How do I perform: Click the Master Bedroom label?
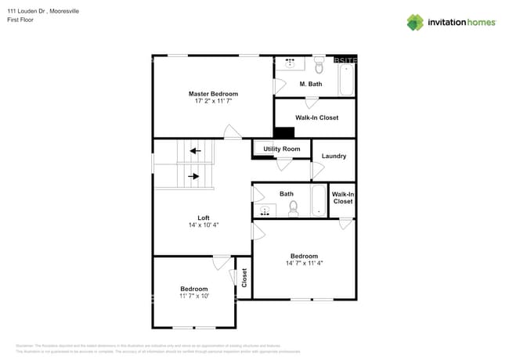[213, 94]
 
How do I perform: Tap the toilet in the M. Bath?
[319, 65]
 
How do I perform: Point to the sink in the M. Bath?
[290, 63]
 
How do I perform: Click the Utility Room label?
[281, 149]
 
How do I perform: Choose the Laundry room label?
[334, 156]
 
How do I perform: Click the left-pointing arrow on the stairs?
[194, 151]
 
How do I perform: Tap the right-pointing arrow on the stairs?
[194, 177]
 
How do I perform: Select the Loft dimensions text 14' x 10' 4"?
[204, 225]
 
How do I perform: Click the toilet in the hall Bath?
[294, 208]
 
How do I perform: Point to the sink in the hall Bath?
[266, 209]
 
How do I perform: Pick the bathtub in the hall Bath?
[318, 200]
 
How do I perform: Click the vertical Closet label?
[244, 277]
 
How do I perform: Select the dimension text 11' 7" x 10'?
[194, 297]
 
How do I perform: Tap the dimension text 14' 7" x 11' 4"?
[304, 264]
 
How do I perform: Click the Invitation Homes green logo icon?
[414, 22]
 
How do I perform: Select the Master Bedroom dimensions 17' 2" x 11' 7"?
[213, 102]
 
